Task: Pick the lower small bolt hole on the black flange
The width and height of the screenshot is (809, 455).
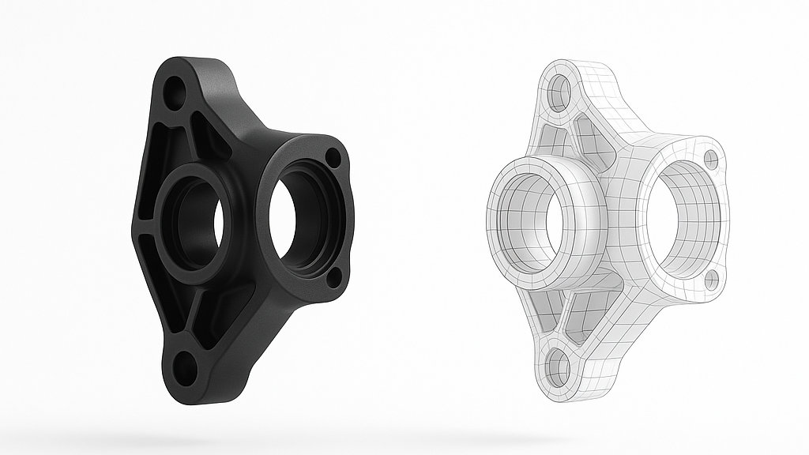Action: click(x=333, y=276)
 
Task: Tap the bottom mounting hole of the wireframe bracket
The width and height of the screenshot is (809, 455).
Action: click(x=559, y=368)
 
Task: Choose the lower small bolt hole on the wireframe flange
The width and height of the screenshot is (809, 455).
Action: click(x=709, y=278)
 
